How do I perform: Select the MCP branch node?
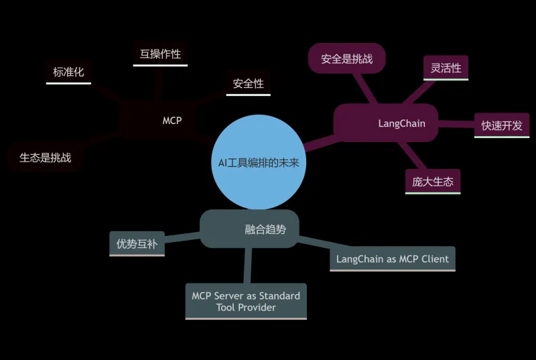(x=172, y=121)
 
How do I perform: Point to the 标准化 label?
(x=68, y=72)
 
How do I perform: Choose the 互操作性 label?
(x=160, y=54)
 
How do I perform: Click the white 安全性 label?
(x=248, y=84)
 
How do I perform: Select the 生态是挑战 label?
(x=45, y=158)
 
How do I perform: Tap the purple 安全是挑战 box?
(x=346, y=59)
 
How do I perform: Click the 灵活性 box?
(x=446, y=68)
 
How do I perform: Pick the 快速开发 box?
(x=501, y=125)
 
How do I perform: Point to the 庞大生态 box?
(x=432, y=181)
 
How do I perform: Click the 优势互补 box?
(x=137, y=244)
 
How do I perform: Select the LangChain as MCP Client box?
(x=393, y=259)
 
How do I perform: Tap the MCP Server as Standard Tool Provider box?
(x=246, y=301)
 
